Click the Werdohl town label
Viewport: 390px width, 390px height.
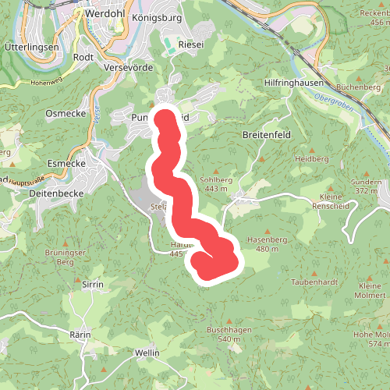[x=106, y=13]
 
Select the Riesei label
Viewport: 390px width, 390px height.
[x=192, y=44]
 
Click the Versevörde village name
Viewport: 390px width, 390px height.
[x=126, y=68]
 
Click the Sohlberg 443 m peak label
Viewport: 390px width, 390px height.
[x=216, y=184]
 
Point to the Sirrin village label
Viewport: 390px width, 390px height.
[x=92, y=285]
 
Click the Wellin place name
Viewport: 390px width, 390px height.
[x=147, y=353]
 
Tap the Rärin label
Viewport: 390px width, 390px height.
[x=80, y=335]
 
